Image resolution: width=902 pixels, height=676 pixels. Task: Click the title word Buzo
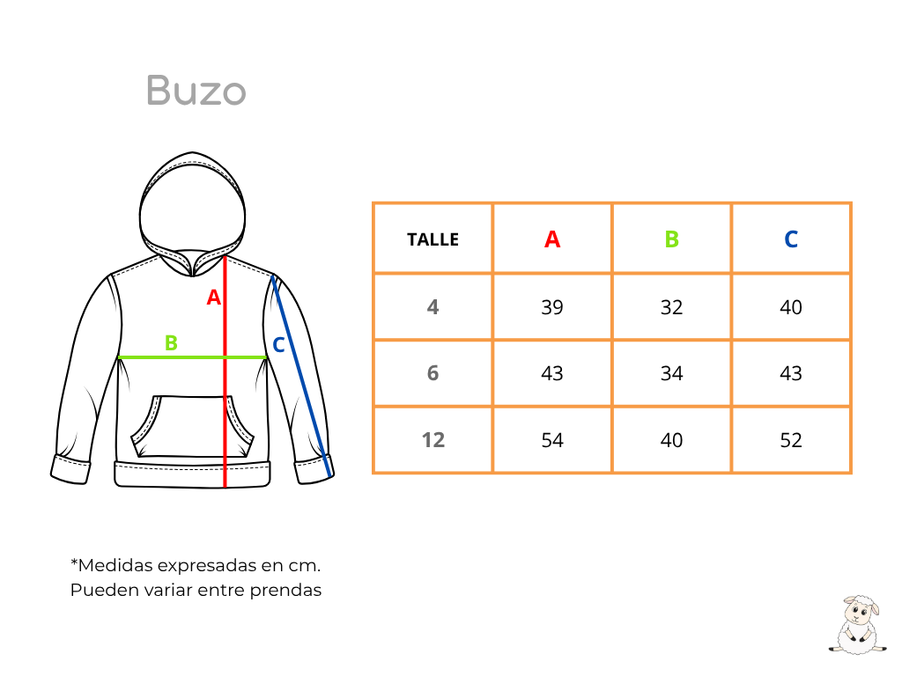(196, 91)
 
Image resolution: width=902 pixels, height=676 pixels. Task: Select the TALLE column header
(433, 239)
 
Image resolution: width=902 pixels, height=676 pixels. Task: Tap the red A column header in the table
(552, 239)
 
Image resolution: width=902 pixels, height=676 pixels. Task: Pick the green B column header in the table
(672, 239)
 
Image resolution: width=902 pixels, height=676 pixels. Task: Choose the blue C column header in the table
(791, 239)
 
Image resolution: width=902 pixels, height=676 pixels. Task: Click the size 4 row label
(433, 307)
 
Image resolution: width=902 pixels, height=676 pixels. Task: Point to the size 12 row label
(433, 440)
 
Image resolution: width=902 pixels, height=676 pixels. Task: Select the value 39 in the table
(552, 307)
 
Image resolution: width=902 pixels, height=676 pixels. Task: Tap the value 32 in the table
(671, 307)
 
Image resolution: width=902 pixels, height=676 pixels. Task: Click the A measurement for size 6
(552, 373)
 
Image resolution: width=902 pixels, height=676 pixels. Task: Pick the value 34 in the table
(671, 373)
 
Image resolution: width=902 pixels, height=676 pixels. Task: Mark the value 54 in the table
(552, 440)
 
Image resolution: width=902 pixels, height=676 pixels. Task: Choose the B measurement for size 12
(671, 440)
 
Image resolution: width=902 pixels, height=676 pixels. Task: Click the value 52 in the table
(791, 440)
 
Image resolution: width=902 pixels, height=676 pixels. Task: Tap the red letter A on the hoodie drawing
(214, 298)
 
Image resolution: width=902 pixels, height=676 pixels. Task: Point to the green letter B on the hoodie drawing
(171, 343)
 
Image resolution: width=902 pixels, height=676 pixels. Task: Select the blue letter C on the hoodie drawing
(278, 345)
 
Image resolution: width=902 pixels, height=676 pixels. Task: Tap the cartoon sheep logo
(857, 625)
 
